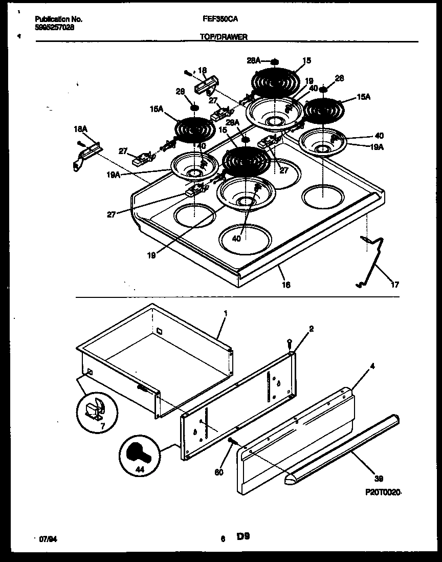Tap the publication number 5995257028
point(54,28)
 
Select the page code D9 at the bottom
point(243,536)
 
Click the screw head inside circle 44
point(139,453)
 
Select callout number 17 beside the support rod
point(395,285)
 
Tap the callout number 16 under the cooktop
point(286,285)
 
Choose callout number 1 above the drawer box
point(225,312)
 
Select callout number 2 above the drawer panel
point(311,329)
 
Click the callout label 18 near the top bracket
point(203,70)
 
